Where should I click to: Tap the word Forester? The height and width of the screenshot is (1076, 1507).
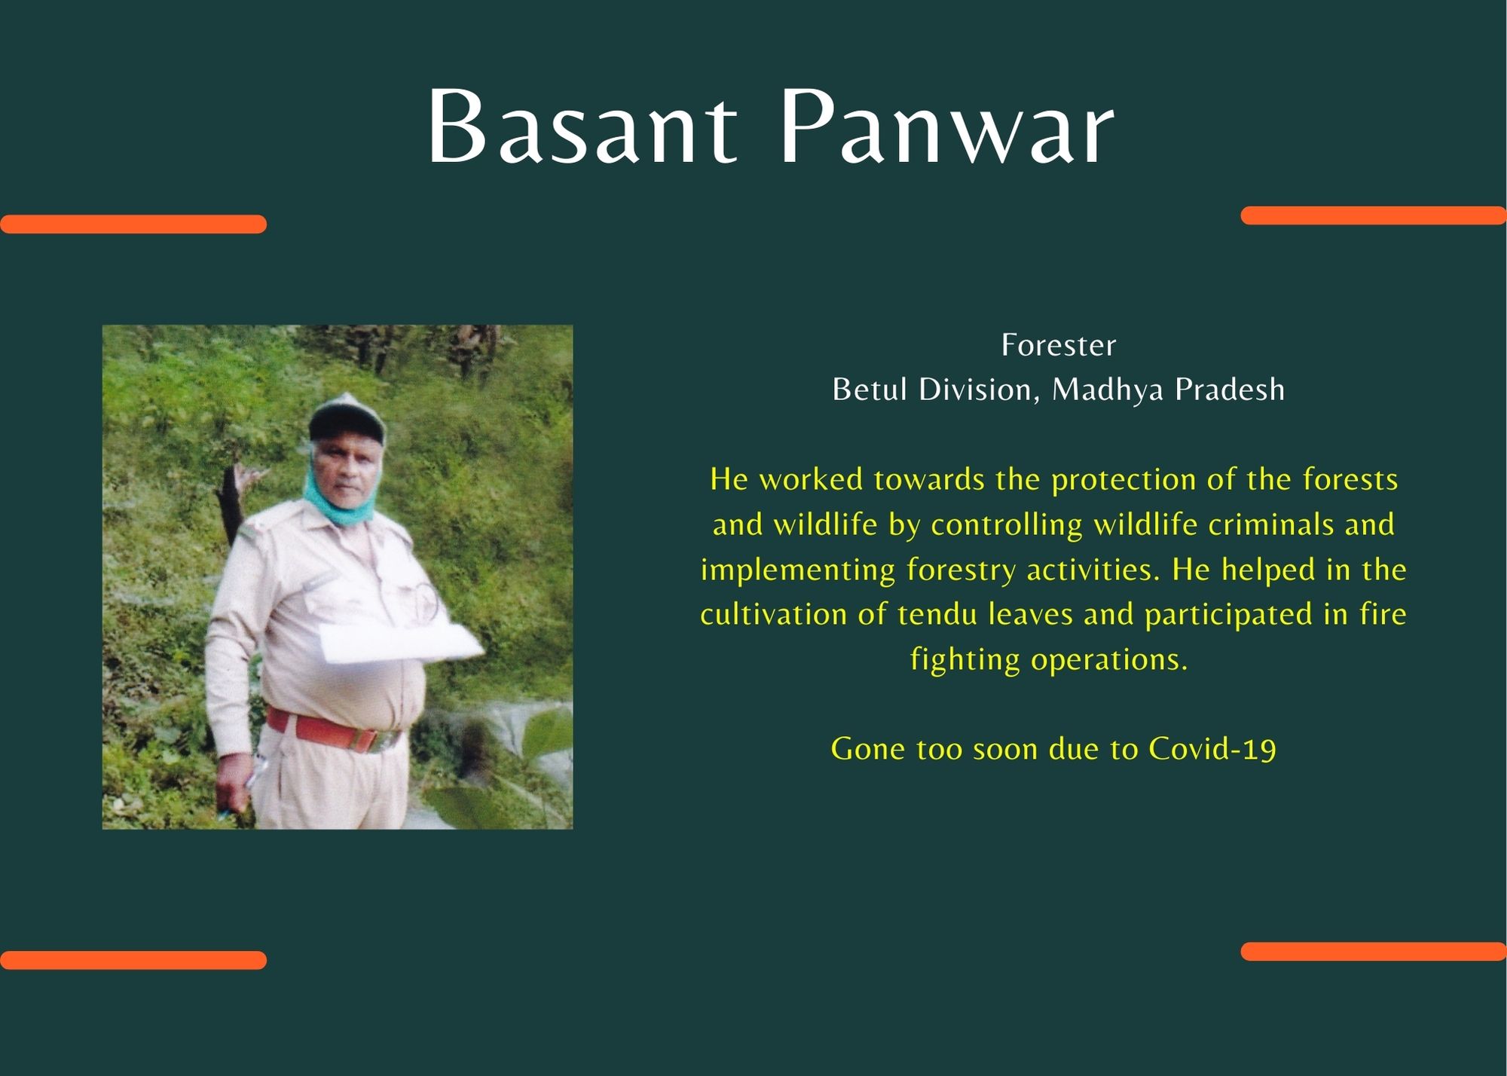point(1059,345)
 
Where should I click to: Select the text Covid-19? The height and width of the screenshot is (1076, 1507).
point(1212,749)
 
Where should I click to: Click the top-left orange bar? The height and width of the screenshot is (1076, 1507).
point(133,224)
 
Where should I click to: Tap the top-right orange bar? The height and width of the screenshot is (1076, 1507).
point(1374,216)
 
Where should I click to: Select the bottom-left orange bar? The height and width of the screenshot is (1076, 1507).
point(133,960)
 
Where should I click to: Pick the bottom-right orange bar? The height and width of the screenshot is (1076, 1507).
point(1374,951)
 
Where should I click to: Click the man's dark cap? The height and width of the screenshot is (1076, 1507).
point(347,419)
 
